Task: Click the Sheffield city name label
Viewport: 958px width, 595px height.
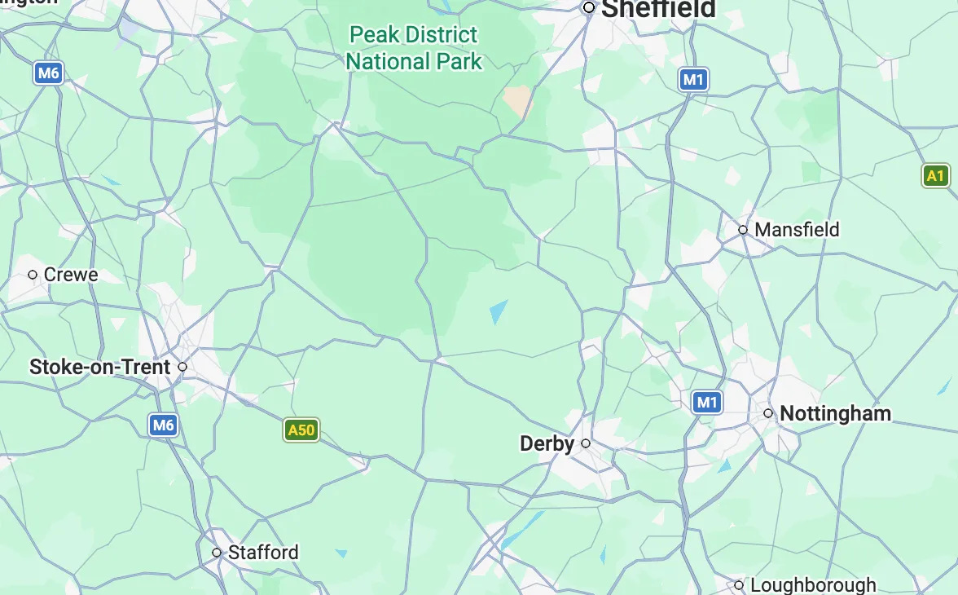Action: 658,9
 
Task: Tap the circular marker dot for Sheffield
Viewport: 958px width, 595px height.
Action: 589,7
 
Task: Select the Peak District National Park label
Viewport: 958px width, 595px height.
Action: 414,48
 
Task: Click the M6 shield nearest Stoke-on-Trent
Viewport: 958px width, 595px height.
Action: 163,425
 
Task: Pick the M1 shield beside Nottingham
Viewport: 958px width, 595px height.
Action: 706,402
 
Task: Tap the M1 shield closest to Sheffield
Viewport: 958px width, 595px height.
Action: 692,79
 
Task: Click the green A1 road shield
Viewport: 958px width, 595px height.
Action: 936,175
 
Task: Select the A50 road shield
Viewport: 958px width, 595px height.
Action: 301,430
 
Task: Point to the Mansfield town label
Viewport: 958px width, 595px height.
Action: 797,230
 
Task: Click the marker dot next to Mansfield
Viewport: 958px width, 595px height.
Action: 743,230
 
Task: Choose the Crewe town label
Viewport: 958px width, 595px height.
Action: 71,275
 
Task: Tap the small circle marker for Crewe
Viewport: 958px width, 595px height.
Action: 33,275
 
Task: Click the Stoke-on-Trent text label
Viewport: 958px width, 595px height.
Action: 100,367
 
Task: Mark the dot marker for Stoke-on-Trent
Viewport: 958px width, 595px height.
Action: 182,367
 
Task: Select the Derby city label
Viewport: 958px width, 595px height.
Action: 547,443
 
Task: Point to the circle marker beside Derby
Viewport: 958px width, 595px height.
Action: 586,443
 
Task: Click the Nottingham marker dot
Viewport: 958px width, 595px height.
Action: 768,413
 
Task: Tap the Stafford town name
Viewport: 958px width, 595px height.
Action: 263,552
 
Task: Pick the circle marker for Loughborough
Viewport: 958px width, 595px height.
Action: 739,585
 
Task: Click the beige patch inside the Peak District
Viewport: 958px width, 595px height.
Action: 517,101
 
